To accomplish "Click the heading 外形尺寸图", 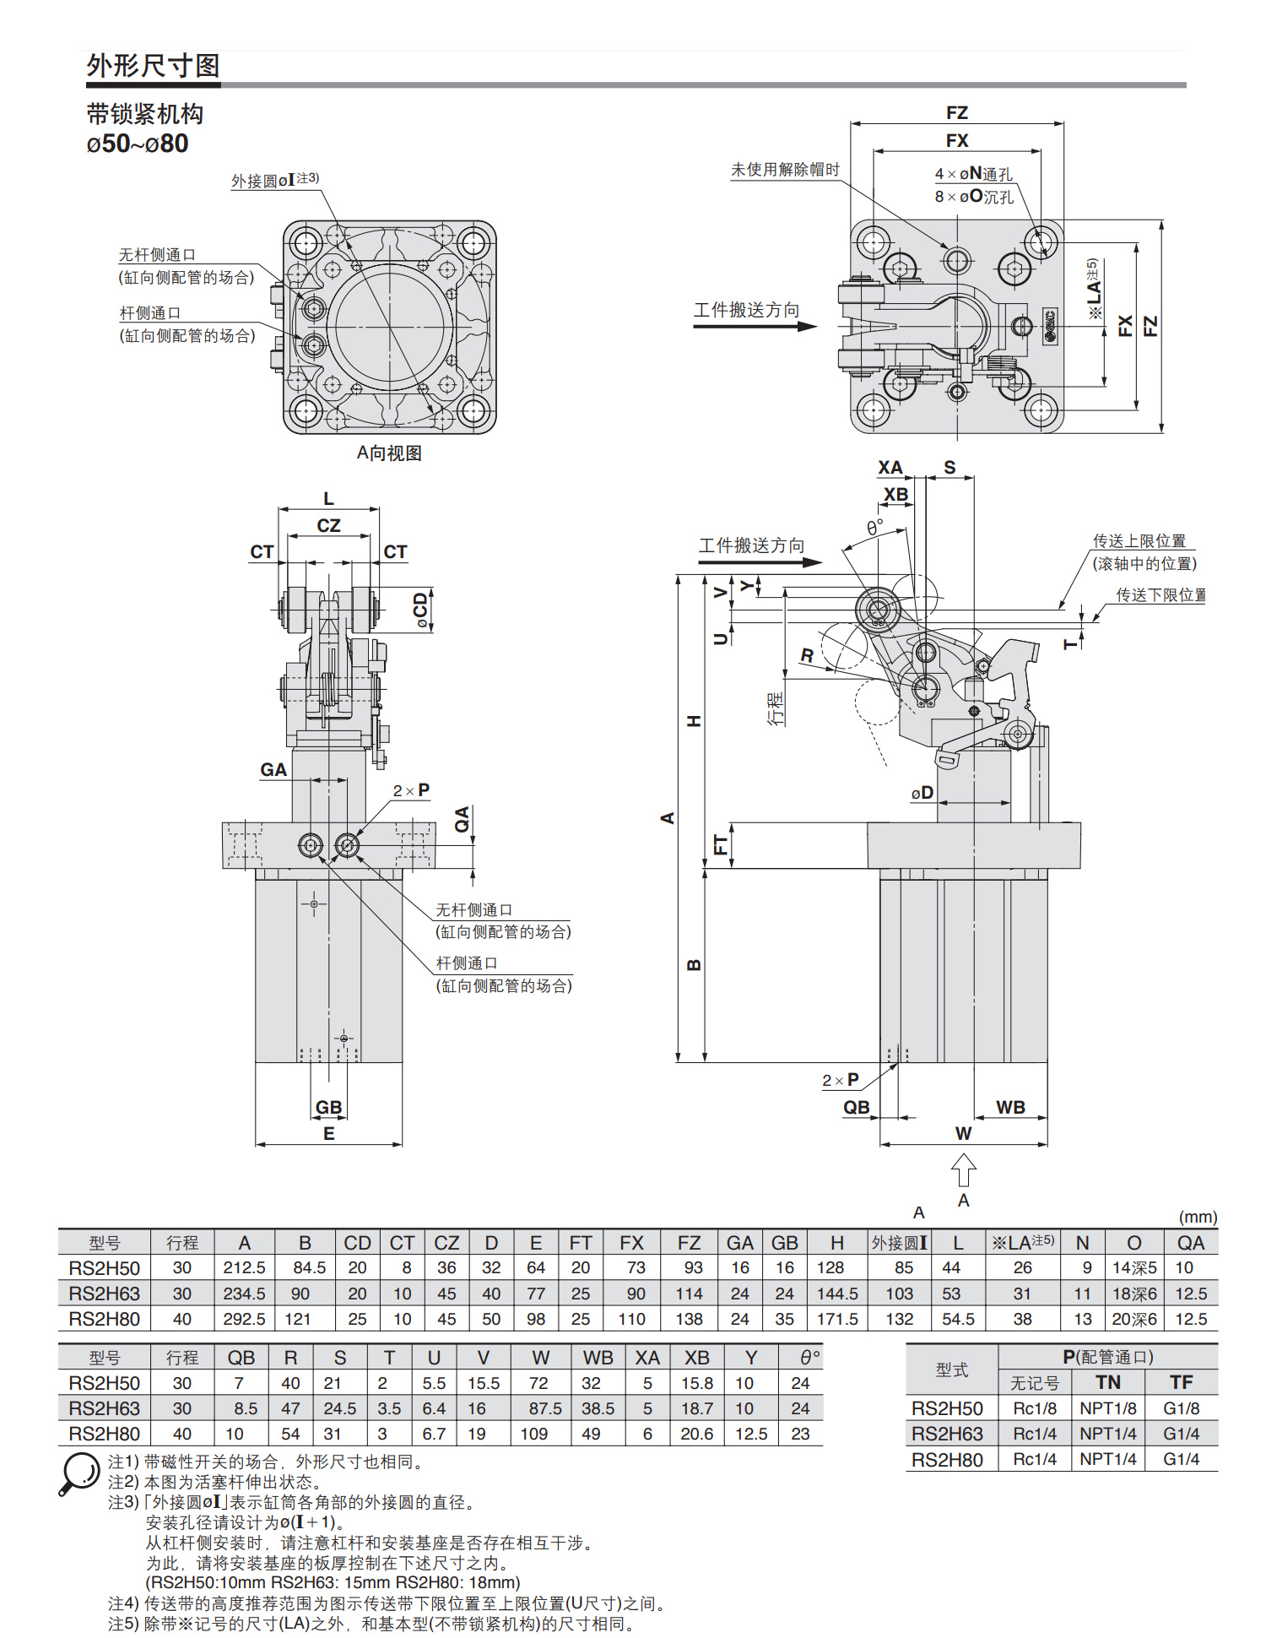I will [153, 65].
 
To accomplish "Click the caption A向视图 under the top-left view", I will [389, 453].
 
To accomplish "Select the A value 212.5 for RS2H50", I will [244, 1268].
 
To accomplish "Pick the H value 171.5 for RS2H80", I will [837, 1319].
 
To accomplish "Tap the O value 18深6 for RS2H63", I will [1134, 1294].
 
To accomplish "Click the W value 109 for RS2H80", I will [533, 1434].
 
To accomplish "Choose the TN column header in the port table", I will [1108, 1382].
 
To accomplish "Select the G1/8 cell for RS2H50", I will [1181, 1408].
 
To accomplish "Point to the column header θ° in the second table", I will [810, 1358].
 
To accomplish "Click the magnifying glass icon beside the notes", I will [80, 1473].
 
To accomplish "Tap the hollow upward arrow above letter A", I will [963, 1171].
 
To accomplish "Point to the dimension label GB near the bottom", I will [328, 1108].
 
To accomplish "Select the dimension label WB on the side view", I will [1010, 1108].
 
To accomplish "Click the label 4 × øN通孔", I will [973, 174].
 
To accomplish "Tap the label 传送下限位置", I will [1160, 595].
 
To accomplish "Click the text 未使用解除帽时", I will [785, 170].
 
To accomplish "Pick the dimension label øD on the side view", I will [922, 793].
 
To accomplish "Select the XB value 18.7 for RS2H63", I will [697, 1408].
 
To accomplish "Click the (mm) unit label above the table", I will [1198, 1217].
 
